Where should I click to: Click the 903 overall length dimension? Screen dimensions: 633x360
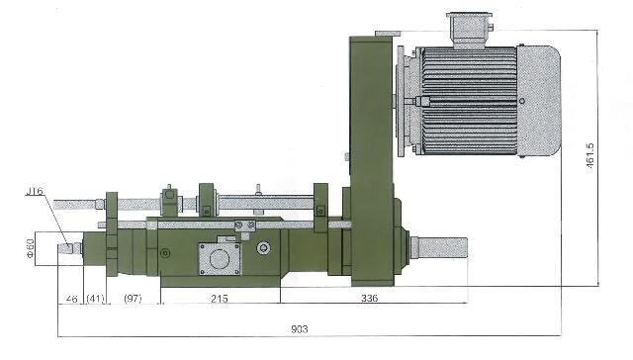pos(299,329)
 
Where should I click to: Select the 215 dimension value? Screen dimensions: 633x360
pos(220,299)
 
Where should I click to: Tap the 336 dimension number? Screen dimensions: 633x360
pos(369,298)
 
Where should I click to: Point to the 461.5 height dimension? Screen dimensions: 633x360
pos(589,157)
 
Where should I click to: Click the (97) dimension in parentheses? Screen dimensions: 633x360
pos(133,299)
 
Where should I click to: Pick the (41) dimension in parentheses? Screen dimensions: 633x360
pos(95,299)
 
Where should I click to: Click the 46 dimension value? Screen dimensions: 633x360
pos(71,299)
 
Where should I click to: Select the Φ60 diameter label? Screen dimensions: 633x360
pos(30,248)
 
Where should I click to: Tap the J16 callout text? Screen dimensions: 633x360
pos(35,191)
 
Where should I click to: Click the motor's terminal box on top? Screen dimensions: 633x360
pos(469,30)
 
